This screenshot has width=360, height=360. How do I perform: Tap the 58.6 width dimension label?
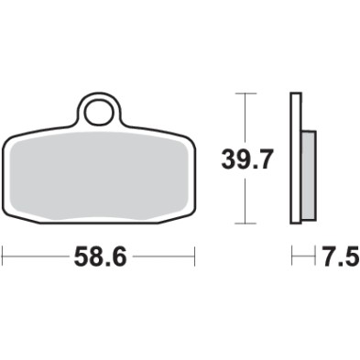pos(98,256)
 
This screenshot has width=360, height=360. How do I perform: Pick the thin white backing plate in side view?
pos(296,158)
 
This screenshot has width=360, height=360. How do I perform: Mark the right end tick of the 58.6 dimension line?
pos(194,256)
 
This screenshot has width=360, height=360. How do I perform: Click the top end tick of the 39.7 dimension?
pos(243,93)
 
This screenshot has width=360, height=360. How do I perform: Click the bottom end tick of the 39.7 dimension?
pos(243,224)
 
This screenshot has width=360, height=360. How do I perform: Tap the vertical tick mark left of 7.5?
pos(293,256)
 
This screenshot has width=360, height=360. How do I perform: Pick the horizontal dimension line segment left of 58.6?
pos(37,256)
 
